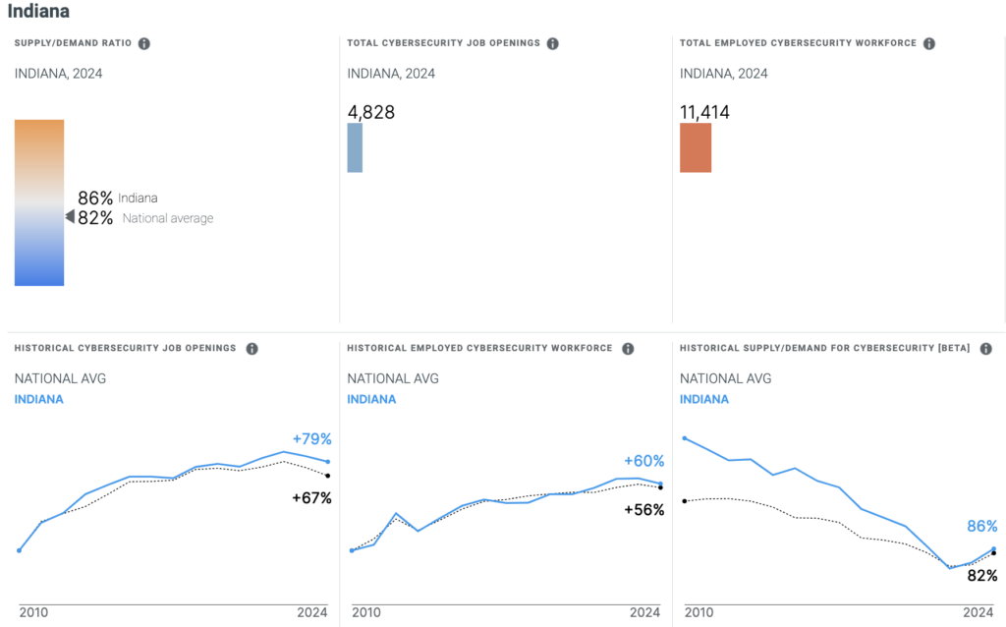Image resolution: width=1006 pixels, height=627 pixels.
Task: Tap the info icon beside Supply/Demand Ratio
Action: tap(144, 43)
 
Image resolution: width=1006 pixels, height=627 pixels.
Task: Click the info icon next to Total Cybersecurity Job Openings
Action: tap(553, 43)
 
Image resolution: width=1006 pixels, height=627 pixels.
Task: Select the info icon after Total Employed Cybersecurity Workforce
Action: tap(929, 43)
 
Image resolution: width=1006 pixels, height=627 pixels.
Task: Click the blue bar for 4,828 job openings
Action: tap(355, 147)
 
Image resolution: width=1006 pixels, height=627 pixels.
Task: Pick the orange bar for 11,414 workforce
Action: tap(696, 147)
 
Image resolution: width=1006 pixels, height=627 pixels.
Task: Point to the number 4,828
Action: tap(371, 112)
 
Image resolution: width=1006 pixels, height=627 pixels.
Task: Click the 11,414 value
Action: tap(705, 112)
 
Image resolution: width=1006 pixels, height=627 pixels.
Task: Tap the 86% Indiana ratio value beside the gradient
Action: tap(95, 198)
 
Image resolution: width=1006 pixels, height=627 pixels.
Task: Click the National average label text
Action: tap(168, 218)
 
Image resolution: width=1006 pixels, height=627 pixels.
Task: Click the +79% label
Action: tap(312, 439)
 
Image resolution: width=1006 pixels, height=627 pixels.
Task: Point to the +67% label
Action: tap(312, 498)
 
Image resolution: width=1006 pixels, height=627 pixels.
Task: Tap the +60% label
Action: tap(644, 461)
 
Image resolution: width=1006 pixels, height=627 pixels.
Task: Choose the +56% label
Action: tap(644, 510)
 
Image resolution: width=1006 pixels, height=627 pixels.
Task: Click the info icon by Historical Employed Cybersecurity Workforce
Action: tap(628, 349)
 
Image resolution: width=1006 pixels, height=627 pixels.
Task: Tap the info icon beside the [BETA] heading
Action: tap(985, 349)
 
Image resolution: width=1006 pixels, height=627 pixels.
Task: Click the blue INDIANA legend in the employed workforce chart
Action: tap(371, 399)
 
